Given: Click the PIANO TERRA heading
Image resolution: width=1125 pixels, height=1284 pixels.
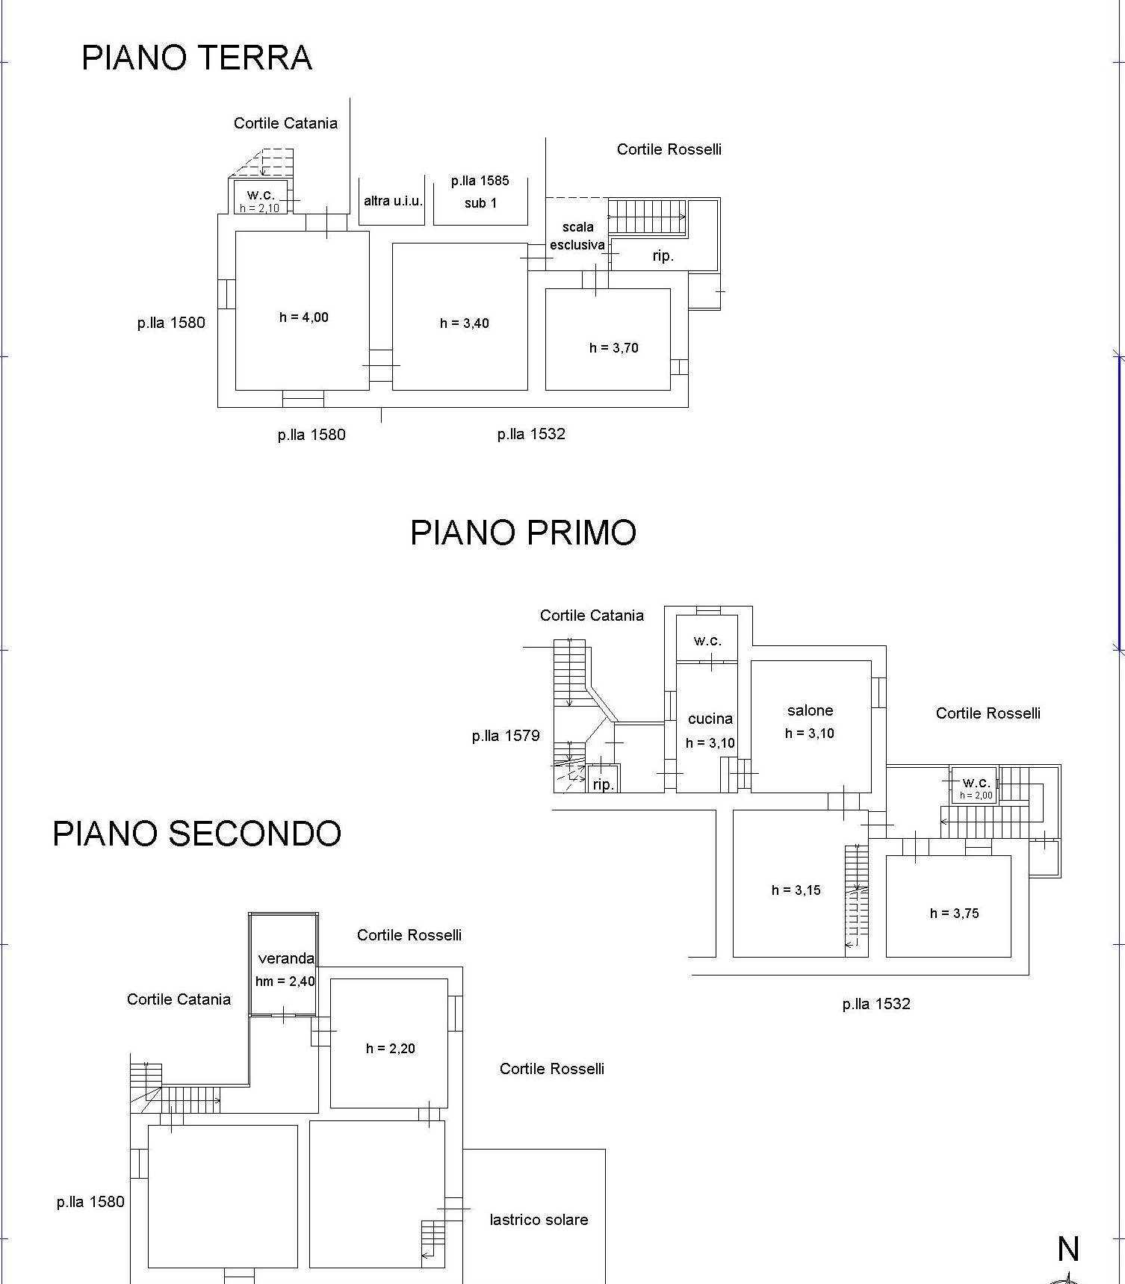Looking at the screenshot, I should tap(196, 58).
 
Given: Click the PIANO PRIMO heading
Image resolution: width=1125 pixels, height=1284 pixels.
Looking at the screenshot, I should tap(523, 533).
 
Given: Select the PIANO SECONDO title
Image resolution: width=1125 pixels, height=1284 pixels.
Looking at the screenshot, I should tap(196, 834).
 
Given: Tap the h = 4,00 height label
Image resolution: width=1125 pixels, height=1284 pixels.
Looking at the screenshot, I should tap(303, 317).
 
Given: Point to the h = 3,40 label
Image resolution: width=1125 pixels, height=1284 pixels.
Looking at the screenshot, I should tap(464, 323).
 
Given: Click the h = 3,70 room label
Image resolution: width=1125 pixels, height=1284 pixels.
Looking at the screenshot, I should tap(613, 348).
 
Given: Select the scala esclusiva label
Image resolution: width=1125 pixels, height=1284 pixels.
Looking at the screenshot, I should tap(577, 236).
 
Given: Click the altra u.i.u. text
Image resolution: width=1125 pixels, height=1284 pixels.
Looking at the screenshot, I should tap(393, 201).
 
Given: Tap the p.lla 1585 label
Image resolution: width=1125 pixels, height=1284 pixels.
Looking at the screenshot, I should tap(480, 181).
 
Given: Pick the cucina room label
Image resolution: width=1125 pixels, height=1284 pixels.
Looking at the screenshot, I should tap(710, 719).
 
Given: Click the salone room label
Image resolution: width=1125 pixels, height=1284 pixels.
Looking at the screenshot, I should tap(810, 710).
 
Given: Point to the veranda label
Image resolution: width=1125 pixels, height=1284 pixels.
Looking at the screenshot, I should tap(285, 958).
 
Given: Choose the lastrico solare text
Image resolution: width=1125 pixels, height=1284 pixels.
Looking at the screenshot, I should tap(539, 1220).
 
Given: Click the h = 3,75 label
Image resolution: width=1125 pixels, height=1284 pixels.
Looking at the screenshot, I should tap(954, 914).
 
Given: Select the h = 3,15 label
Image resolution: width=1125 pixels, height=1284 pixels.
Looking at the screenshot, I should tap(796, 890).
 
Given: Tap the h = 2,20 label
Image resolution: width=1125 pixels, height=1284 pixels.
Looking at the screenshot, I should tap(390, 1049).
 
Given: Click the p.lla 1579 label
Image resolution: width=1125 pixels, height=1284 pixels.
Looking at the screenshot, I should tap(505, 736).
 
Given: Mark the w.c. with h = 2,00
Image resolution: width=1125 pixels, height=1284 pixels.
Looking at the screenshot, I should tap(976, 783).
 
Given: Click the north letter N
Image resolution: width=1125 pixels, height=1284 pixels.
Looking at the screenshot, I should tap(1068, 1249).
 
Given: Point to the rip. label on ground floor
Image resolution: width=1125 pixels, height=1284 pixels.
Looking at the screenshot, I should tap(663, 256).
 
